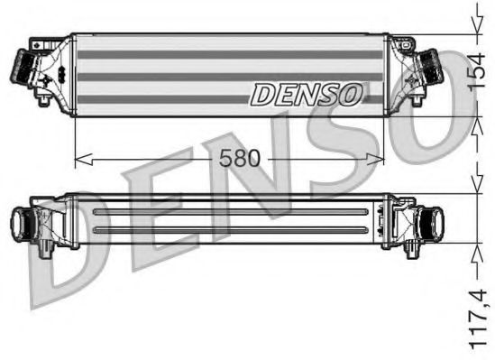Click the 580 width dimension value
point(240,158)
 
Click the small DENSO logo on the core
point(307,93)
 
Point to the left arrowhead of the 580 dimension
point(78,160)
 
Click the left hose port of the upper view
point(21,66)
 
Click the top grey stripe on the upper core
point(230,54)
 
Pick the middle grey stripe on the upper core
point(230,77)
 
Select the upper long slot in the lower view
point(230,211)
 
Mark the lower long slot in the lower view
point(230,231)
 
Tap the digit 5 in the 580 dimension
point(226,158)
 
